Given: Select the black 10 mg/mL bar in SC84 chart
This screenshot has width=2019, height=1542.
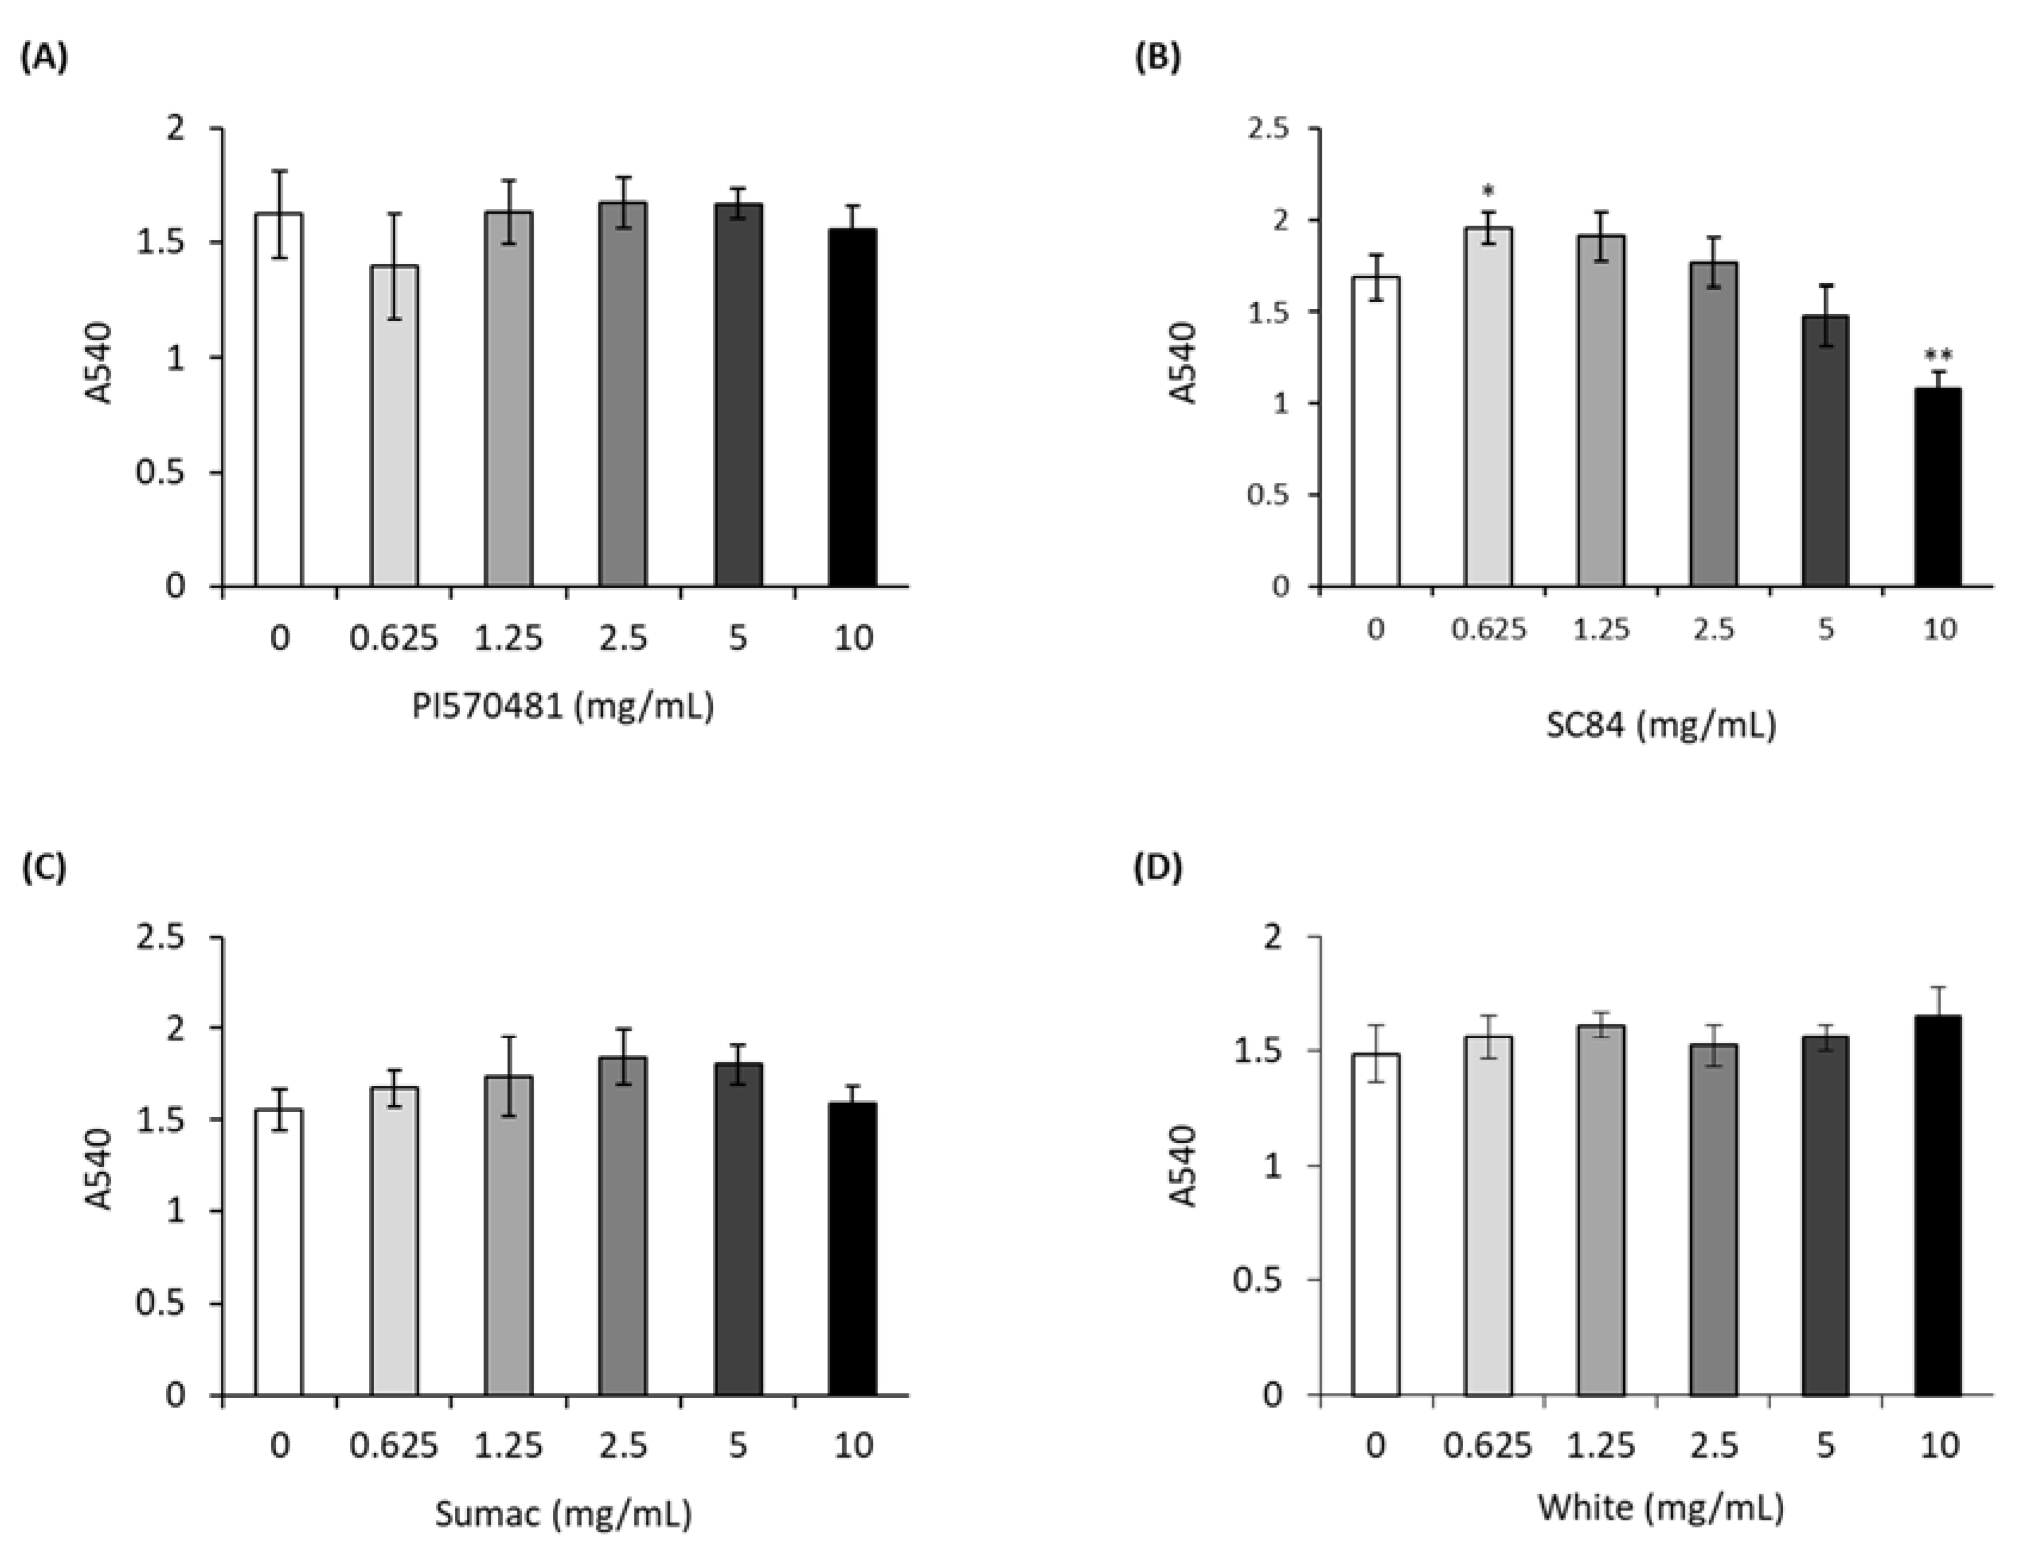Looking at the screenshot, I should [x=1937, y=487].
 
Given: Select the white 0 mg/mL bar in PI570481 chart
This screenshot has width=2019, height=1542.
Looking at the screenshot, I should [x=279, y=400].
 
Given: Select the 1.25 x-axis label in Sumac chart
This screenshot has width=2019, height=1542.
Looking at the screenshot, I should [x=509, y=1446].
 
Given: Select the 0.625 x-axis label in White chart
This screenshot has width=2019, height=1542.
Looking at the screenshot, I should [x=1488, y=1446].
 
